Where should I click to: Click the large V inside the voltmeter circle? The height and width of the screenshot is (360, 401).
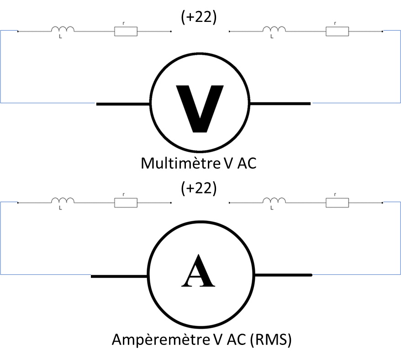200,107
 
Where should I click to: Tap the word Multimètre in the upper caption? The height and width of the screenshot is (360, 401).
181,163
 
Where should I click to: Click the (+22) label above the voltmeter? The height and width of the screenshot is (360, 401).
199,17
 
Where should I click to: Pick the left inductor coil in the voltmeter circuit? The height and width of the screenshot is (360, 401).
63,30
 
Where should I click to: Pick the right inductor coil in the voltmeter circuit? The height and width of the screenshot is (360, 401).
274,30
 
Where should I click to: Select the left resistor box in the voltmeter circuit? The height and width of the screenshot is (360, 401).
125,31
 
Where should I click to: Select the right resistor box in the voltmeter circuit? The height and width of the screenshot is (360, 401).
337,31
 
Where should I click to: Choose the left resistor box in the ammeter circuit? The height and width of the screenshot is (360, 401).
125,202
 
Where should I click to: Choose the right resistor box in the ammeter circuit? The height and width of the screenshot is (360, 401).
337,202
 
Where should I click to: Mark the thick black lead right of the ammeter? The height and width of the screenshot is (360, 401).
283,275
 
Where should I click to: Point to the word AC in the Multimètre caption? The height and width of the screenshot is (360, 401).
247,163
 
